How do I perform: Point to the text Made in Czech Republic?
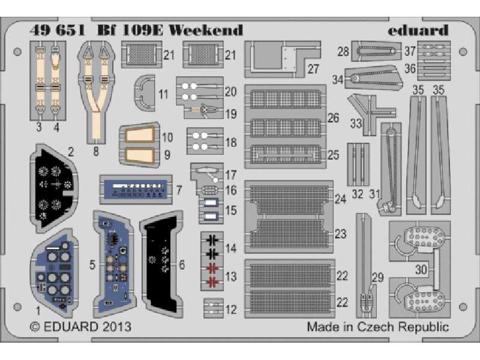click(x=377, y=327)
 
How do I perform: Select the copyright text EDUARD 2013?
click(x=80, y=328)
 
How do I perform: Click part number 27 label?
click(x=313, y=68)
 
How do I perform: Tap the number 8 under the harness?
click(x=96, y=151)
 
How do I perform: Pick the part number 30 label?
click(x=421, y=270)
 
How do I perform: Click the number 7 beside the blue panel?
click(x=179, y=190)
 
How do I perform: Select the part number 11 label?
click(x=164, y=94)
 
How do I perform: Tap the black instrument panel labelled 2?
click(x=54, y=187)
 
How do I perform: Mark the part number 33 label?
click(x=355, y=124)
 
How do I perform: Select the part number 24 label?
click(x=341, y=199)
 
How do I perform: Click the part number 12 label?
click(x=232, y=309)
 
